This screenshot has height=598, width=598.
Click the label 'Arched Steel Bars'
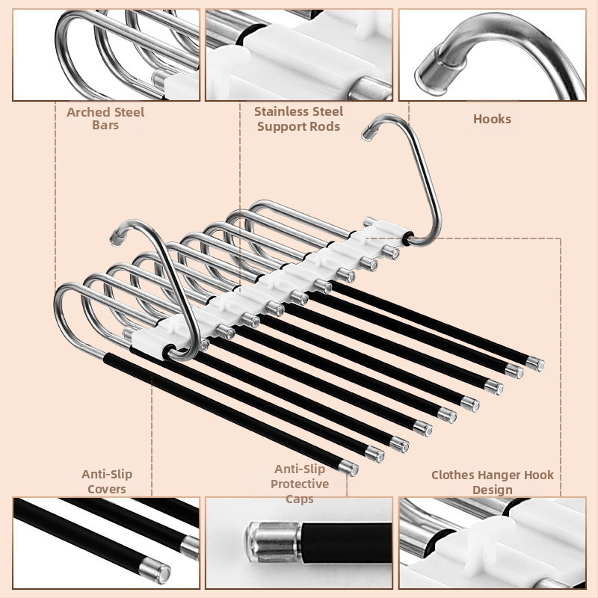(x=105, y=118)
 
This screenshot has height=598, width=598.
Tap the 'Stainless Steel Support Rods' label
(x=298, y=119)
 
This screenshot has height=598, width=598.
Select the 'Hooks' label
(x=492, y=119)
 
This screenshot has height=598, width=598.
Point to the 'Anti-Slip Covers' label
(x=107, y=481)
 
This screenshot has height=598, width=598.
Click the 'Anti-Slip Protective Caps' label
(x=300, y=484)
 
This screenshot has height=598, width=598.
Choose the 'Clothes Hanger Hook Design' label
(x=493, y=482)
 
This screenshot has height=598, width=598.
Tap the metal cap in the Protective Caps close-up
(x=273, y=542)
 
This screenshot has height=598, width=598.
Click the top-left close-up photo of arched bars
(x=106, y=55)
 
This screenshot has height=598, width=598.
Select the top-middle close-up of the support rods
(x=299, y=55)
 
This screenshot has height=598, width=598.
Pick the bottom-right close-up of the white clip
(x=493, y=543)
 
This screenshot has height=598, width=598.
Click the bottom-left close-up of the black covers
(x=106, y=543)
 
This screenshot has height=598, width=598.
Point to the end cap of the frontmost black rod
(x=349, y=468)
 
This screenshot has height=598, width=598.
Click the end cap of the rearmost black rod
(x=535, y=364)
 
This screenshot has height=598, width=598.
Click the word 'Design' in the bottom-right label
(x=493, y=490)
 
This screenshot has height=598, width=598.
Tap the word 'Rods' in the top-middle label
(x=325, y=126)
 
